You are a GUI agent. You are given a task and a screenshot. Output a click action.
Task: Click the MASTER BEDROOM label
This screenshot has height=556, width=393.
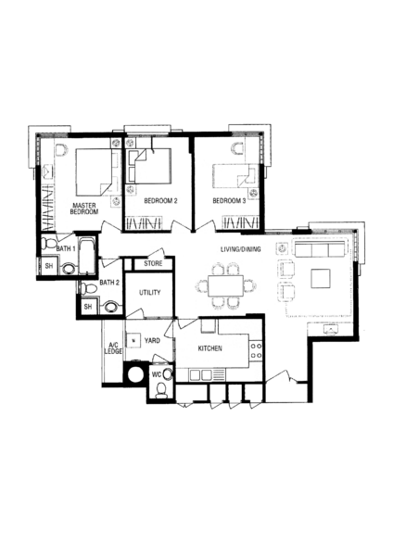click(84, 208)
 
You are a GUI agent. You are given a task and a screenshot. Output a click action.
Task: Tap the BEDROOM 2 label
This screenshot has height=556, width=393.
click(160, 201)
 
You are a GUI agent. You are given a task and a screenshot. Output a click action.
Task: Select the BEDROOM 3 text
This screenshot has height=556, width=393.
click(229, 201)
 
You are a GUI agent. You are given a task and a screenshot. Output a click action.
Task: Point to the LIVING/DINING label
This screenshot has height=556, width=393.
click(241, 249)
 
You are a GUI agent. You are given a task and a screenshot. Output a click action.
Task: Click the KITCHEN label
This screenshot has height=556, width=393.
click(210, 348)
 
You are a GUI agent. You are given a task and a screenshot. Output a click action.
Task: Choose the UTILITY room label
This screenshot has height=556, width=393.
click(149, 293)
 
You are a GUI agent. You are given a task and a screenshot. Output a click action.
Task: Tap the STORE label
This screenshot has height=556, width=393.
click(153, 263)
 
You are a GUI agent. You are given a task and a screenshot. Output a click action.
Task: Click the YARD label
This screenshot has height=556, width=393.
click(152, 340)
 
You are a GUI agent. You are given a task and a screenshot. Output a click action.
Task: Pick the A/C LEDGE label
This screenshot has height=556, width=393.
click(113, 347)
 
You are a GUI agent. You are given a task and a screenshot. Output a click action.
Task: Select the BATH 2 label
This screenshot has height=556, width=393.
click(109, 283)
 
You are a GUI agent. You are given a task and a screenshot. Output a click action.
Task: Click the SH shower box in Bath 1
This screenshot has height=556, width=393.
click(49, 266)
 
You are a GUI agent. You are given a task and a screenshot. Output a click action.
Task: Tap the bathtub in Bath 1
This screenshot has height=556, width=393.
click(87, 256)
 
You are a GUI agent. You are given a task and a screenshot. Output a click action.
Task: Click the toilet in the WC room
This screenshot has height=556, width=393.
click(161, 390)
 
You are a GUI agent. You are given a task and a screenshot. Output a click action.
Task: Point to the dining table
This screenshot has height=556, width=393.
click(225, 286)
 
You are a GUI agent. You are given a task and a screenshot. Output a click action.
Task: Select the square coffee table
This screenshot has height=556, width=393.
click(321, 279)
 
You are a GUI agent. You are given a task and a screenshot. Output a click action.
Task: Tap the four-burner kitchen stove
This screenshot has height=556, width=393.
click(256, 350)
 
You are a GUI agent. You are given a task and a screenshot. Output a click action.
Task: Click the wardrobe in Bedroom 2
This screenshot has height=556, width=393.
click(144, 223)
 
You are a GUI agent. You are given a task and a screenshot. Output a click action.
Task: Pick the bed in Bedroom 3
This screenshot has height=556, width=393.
click(235, 176)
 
